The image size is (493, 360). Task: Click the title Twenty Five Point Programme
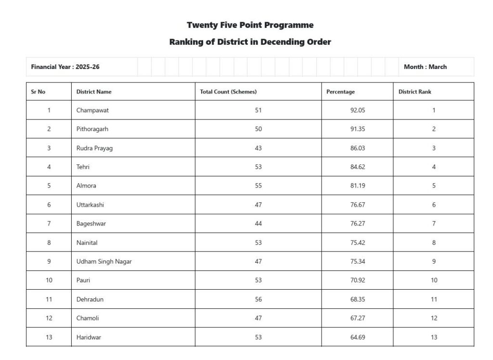[x=250, y=25]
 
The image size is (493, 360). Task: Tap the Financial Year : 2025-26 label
[x=65, y=67]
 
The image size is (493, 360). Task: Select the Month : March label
[x=425, y=67]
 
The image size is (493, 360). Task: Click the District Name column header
[x=94, y=92]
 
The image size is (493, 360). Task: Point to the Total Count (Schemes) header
[x=228, y=92]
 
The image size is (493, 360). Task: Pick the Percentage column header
[x=340, y=92]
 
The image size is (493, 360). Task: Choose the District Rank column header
[x=415, y=92]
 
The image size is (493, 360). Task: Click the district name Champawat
[x=92, y=110]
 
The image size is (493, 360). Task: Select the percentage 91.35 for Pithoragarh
[x=358, y=129]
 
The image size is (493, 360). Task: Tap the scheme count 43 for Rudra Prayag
[x=259, y=148]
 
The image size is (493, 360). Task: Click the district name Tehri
[x=83, y=167]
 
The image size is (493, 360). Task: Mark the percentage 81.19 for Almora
[x=358, y=186]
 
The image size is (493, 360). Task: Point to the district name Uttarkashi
[x=90, y=205]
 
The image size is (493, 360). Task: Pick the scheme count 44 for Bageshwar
[x=259, y=224]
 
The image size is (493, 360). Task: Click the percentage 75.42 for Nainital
[x=358, y=243]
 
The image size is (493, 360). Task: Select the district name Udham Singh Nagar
[x=104, y=262]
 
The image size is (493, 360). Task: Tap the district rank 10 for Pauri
[x=434, y=280]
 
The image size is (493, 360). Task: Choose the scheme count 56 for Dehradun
[x=259, y=299]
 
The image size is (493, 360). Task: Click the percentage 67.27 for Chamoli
[x=358, y=318]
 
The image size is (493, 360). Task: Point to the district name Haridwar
[x=89, y=337]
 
